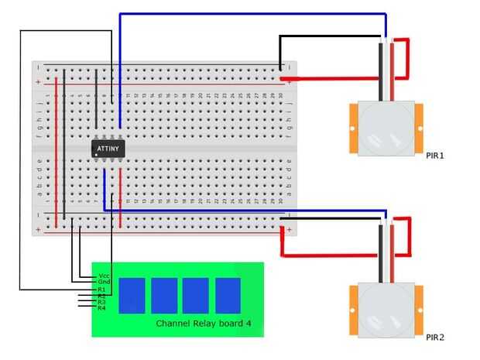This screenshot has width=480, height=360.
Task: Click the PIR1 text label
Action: [x=435, y=156]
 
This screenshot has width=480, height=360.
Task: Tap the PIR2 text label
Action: [x=435, y=338]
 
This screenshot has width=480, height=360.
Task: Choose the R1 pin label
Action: [x=101, y=290]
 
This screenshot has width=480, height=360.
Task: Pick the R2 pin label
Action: [x=101, y=296]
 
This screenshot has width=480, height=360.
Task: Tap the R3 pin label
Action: [x=101, y=302]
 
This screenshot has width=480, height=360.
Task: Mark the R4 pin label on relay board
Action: [x=101, y=308]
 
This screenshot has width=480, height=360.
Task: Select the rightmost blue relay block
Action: [x=228, y=295]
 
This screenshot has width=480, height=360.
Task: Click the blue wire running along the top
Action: [x=248, y=13]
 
